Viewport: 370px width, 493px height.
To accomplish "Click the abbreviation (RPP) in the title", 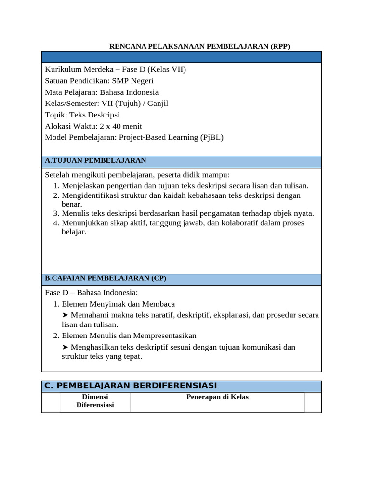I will pos(280,46).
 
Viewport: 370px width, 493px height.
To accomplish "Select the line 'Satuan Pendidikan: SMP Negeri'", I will pos(99,81).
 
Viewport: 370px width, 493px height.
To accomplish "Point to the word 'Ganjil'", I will pos(158,103).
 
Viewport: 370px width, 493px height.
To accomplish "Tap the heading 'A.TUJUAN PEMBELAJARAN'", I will pos(95,160).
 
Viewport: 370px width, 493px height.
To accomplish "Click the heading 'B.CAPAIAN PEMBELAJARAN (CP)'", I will pos(106,278).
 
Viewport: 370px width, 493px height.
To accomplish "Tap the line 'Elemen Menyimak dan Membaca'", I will pos(118,304).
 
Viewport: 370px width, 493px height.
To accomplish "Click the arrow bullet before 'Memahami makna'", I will pos(65,315).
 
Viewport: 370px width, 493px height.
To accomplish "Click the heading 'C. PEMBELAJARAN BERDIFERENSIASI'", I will pos(131,386).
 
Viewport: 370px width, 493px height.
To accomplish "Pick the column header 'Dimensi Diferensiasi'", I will pos(95,401).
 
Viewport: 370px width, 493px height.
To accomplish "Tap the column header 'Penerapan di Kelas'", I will pos(217,397).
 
